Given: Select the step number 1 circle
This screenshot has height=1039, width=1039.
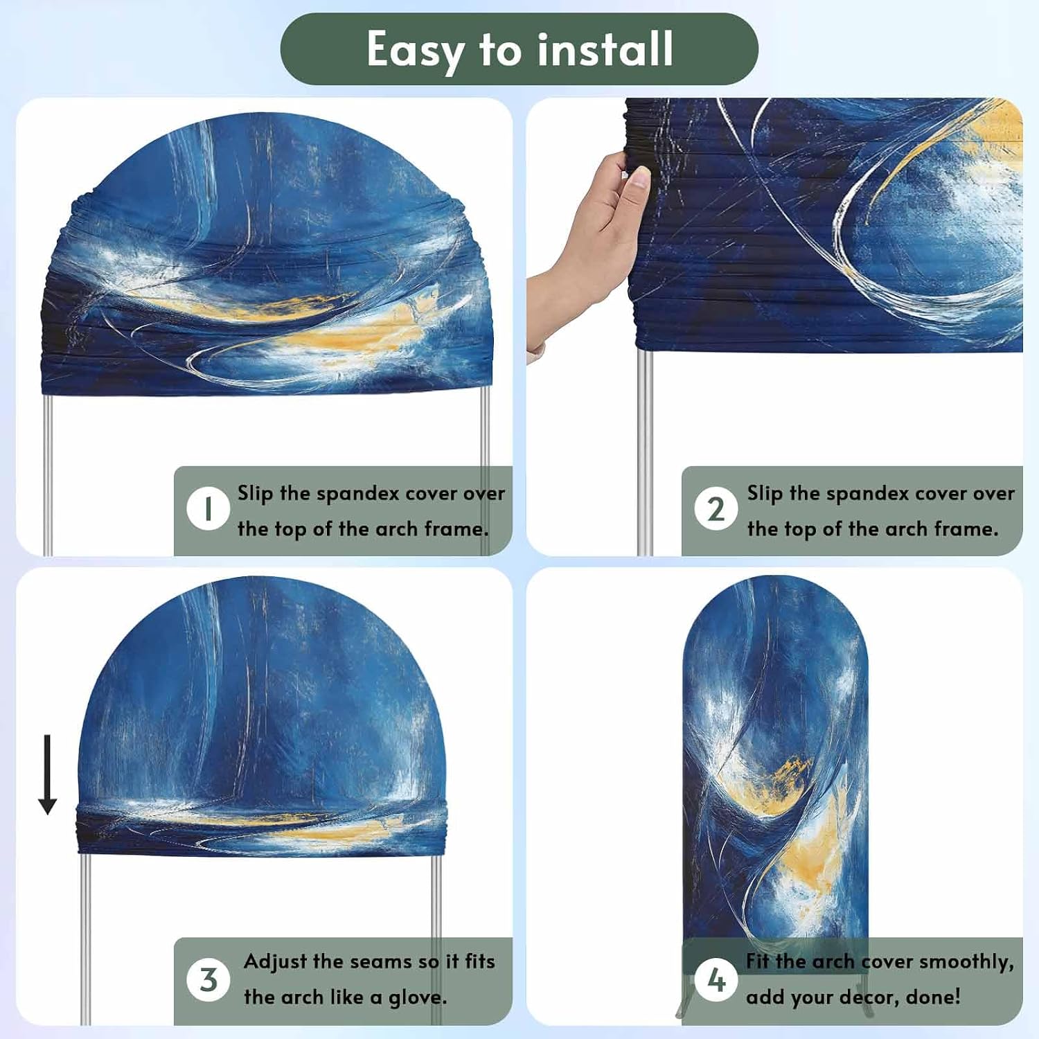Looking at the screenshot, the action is click(x=208, y=508).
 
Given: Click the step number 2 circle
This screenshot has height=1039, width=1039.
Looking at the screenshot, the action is click(x=716, y=509).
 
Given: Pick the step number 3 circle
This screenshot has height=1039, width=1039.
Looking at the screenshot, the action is click(x=208, y=979).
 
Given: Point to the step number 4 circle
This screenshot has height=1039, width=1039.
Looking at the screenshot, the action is click(x=716, y=979).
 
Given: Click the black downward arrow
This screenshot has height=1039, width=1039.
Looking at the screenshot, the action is click(x=47, y=774).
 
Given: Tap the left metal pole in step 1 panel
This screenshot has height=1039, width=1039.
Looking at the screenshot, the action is click(x=48, y=475).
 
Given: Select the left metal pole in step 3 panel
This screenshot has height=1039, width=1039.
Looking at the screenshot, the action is click(x=85, y=939).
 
